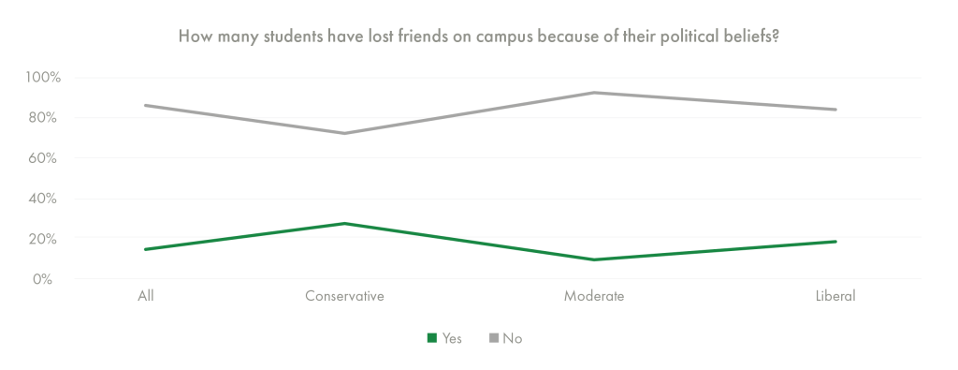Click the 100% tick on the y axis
pos(43,77)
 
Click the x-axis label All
pos(146,297)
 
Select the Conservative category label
pos(345,297)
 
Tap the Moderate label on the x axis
pos(594,297)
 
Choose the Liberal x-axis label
pos(835,297)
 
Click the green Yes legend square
pos(432,338)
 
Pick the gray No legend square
pos(493,338)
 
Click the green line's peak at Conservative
pos(345,223)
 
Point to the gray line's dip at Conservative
pos(345,133)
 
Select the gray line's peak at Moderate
pos(594,92)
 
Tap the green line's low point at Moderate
pos(594,259)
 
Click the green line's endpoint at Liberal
pos(835,242)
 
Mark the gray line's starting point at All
pos(146,105)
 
